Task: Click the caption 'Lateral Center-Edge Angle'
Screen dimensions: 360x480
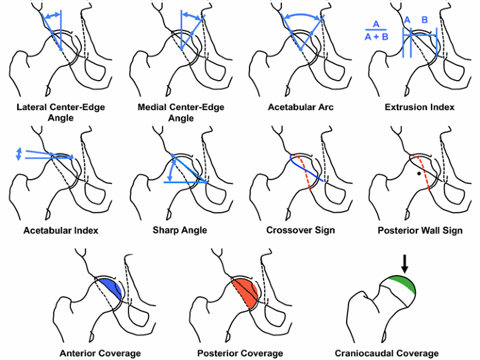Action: click(x=61, y=112)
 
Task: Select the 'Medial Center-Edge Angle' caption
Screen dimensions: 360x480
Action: click(x=181, y=112)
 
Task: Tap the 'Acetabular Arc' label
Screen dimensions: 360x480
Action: click(x=300, y=107)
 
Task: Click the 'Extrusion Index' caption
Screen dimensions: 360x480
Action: click(x=419, y=107)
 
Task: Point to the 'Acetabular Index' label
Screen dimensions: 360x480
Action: click(x=61, y=230)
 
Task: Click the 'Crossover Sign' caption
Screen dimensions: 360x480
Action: click(x=300, y=230)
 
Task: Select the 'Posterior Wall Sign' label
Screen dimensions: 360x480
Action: click(x=419, y=230)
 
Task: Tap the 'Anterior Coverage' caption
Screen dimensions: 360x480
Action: click(x=100, y=353)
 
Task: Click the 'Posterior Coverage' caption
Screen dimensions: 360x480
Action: click(x=240, y=353)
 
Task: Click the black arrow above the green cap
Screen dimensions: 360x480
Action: click(x=404, y=265)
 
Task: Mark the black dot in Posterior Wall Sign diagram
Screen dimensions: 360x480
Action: click(x=418, y=174)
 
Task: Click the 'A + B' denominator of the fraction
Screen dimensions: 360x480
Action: click(x=376, y=36)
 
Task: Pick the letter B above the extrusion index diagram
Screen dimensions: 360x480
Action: click(x=424, y=20)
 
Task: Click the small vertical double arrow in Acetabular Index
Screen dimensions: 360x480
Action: click(x=18, y=153)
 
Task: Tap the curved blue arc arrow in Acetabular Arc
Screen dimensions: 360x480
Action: click(x=303, y=15)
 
